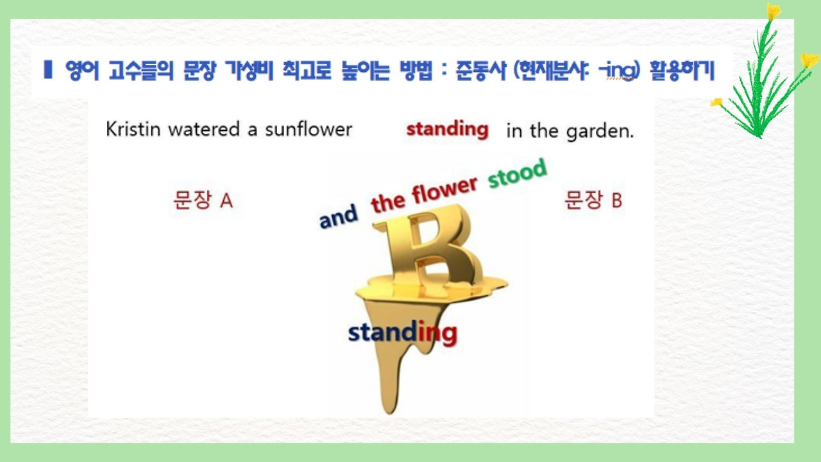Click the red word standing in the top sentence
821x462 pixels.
tap(448, 130)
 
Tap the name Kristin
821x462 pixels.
tap(133, 129)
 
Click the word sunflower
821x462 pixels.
tap(309, 129)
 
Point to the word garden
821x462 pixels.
tap(600, 132)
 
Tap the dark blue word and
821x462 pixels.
tap(338, 217)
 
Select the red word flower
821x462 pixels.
tap(444, 191)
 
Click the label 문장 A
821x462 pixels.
tap(203, 200)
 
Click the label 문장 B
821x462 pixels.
tap(593, 200)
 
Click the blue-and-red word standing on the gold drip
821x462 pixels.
tap(402, 332)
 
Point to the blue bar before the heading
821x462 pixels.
tap(47, 69)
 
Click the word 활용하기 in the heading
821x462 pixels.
tap(682, 71)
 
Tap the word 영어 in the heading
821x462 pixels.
tap(82, 70)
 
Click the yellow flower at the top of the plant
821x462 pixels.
tap(774, 11)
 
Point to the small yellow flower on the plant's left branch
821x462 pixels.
tap(716, 102)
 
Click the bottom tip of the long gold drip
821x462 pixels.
tap(389, 413)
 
